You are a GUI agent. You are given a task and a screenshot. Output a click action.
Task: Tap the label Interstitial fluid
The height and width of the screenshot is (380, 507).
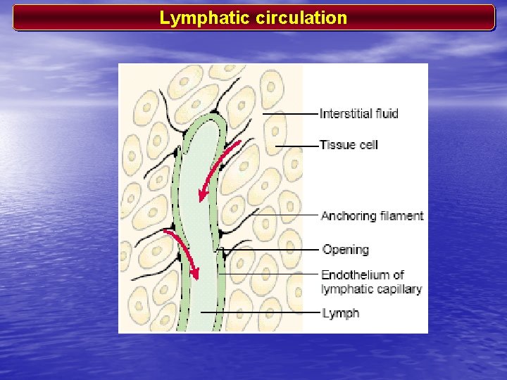pyautogui.click(x=358, y=113)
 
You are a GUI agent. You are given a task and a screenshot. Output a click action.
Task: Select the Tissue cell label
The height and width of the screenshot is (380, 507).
pyautogui.click(x=349, y=145)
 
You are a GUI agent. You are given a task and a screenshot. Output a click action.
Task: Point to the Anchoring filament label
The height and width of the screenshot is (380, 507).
pyautogui.click(x=372, y=215)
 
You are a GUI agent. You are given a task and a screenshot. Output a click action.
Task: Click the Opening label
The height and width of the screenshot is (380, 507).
pyautogui.click(x=345, y=249)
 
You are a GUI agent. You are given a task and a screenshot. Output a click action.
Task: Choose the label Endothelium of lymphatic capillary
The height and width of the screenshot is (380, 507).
pyautogui.click(x=371, y=281)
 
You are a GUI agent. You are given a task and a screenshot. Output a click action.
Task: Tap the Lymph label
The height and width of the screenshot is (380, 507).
pyautogui.click(x=340, y=312)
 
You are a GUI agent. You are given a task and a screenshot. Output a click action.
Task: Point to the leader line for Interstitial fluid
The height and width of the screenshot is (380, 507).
pyautogui.click(x=289, y=113)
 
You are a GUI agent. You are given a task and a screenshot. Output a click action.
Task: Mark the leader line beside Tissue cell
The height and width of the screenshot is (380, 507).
pyautogui.click(x=296, y=146)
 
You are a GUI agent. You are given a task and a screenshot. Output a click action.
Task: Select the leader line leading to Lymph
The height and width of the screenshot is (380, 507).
pyautogui.click(x=261, y=312)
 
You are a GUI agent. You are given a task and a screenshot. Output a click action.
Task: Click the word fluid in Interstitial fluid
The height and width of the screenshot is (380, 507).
pyautogui.click(x=385, y=113)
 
